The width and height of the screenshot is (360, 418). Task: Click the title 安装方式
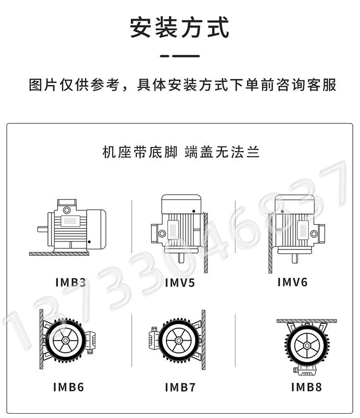pos(180,27)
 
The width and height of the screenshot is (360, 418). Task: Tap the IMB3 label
pos(71,283)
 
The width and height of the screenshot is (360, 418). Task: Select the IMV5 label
pos(180,283)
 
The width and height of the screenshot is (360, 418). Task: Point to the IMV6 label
pos(292,282)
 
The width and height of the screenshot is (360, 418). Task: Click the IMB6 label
pos(69,387)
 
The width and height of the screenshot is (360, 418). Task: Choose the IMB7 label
pos(180,387)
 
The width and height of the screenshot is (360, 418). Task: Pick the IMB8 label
pos(306,387)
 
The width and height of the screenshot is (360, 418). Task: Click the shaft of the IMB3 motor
pos(42,229)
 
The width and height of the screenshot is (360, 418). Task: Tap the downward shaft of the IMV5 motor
pos(181,257)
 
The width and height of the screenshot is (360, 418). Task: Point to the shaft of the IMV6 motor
pos(295,258)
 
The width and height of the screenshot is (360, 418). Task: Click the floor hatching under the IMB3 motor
pos(59,254)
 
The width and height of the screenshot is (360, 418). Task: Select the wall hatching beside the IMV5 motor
pos(206,242)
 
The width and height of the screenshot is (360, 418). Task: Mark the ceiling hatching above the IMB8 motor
pos(307,321)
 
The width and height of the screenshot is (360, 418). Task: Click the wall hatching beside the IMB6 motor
pos(41,339)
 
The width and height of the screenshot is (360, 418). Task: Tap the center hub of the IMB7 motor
pos(179,340)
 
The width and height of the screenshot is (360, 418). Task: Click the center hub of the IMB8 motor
pos(307,346)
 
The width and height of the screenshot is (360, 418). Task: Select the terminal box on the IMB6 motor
pos(91,342)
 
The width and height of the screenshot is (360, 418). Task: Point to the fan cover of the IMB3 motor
pos(96,229)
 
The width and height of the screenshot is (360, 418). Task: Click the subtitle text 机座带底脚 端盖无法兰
pos(181,152)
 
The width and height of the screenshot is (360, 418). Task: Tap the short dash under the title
pos(165,56)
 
